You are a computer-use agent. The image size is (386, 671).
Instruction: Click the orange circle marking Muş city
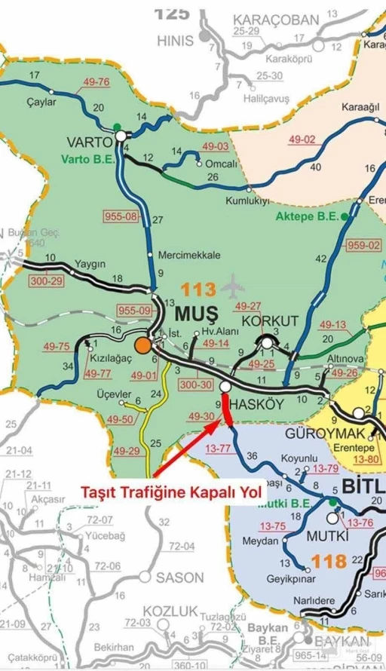click(x=142, y=346)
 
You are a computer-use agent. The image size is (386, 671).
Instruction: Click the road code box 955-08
click(x=121, y=216)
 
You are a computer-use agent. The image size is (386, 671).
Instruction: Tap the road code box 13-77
click(x=218, y=448)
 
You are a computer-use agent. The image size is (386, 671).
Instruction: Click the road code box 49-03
click(x=216, y=146)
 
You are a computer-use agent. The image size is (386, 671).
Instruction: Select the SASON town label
click(x=179, y=578)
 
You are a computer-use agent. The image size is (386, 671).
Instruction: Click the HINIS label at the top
click(x=175, y=41)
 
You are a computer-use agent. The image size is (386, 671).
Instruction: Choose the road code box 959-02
click(x=364, y=245)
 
